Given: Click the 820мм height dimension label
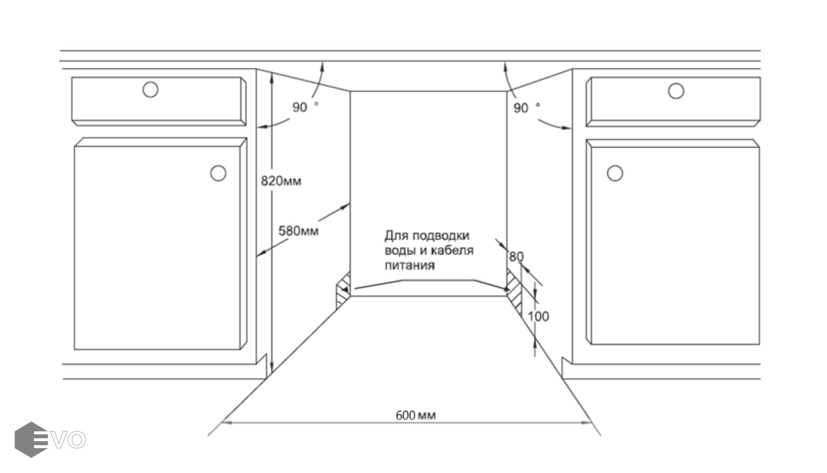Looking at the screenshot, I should tap(281, 181).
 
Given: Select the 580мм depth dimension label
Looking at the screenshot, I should tap(298, 231).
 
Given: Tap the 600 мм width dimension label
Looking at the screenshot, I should tap(415, 415).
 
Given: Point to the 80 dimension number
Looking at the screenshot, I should tap(516, 256).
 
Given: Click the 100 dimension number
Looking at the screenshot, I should tap(538, 316).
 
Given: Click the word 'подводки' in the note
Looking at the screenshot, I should tap(440, 235).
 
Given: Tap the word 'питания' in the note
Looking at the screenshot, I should tap(409, 265).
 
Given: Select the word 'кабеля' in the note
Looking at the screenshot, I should tap(452, 250).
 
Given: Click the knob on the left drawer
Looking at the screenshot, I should tap(150, 89).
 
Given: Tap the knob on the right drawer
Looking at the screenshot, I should tap(676, 91).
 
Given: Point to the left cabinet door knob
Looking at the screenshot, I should tap(218, 173).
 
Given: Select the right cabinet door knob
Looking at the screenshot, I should tap(615, 173).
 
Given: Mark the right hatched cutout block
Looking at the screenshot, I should tap(514, 291).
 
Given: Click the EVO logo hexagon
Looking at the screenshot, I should tap(31, 439).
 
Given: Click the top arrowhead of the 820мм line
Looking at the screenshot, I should tap(271, 77).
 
